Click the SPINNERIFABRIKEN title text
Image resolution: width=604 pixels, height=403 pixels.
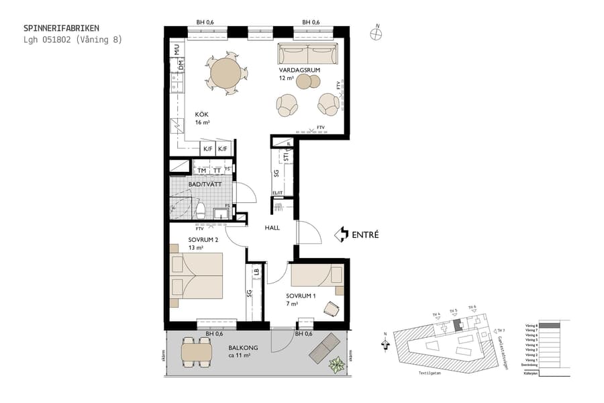(61, 28)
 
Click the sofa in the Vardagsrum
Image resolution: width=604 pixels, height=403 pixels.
(308, 52)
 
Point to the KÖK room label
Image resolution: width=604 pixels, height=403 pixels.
(202, 114)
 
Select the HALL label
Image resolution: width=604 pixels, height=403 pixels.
(272, 228)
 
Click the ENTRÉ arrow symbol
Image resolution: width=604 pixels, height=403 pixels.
(342, 234)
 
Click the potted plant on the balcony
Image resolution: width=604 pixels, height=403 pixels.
(336, 365)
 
